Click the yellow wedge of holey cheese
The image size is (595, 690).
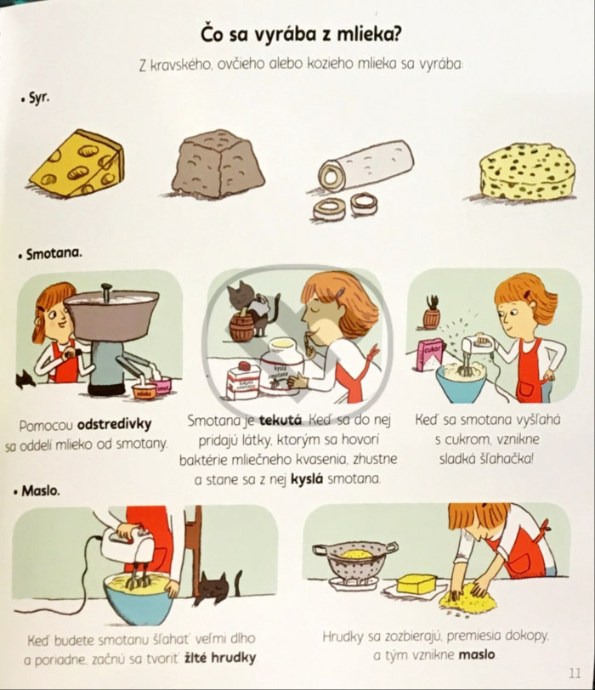coord(77,164)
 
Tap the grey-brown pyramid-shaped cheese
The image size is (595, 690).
coord(218,164)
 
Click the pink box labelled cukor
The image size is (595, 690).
coord(430,354)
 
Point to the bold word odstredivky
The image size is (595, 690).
coord(115,425)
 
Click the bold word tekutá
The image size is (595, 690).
coord(280,421)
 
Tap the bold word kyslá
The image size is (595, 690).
coord(307,479)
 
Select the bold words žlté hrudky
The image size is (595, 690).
coord(220,658)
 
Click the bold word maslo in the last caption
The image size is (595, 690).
coord(477,655)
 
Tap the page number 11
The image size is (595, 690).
coord(575,673)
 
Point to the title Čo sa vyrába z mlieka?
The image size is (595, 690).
coord(301,35)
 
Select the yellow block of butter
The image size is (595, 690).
coord(416,584)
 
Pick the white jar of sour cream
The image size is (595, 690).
coord(281,366)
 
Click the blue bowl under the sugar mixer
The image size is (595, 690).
coord(462,382)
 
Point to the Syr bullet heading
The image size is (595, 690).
coord(35,98)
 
